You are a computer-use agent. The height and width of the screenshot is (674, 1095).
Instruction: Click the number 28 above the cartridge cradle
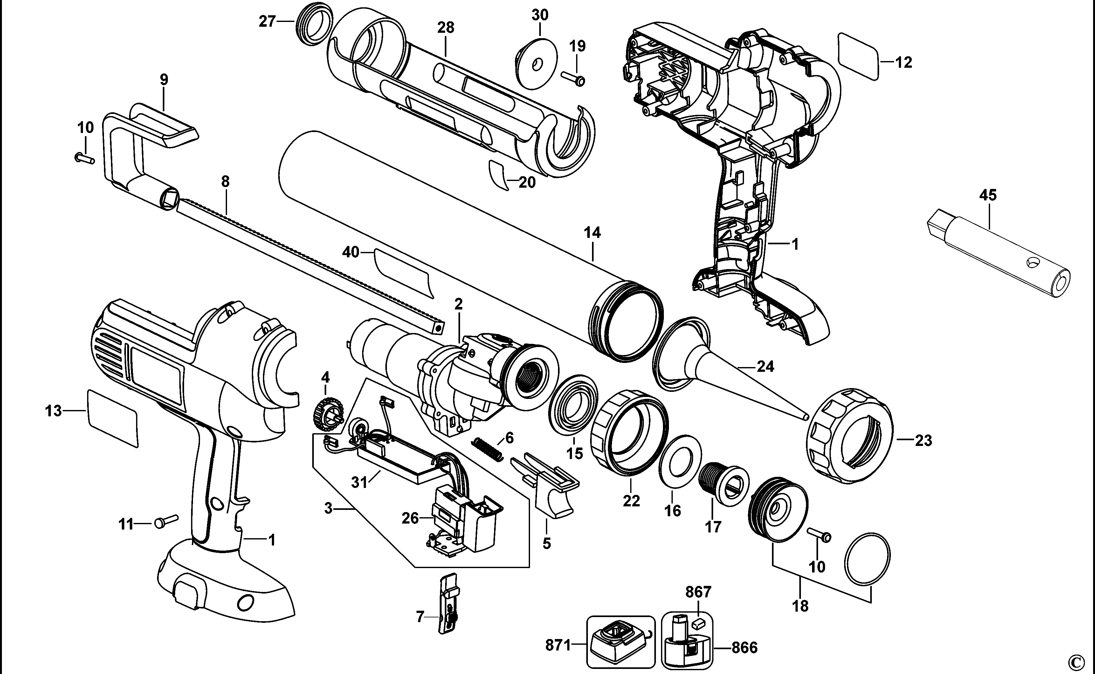445,28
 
